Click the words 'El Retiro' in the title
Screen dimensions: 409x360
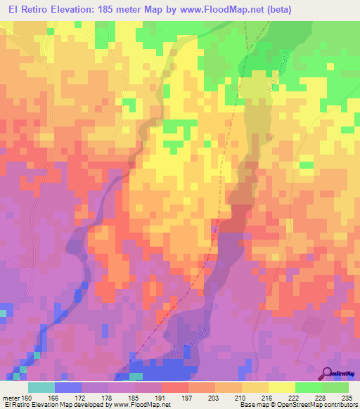[x=30, y=9]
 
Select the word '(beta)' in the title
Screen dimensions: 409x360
[x=276, y=9]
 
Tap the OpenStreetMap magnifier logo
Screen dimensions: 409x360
[x=327, y=372]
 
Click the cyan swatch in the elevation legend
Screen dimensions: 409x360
[x=41, y=387]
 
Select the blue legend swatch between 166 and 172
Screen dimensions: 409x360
[x=67, y=387]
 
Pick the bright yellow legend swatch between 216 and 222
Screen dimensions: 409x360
[x=281, y=387]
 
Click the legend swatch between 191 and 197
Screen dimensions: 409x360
[x=174, y=387]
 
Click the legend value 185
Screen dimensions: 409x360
[x=134, y=397]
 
